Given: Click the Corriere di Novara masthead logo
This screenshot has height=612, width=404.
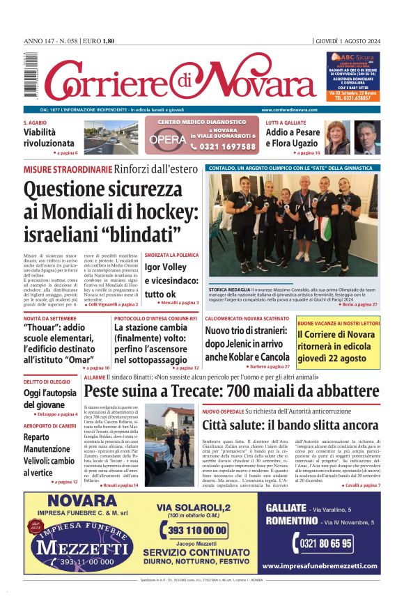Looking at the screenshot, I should [x=171, y=81].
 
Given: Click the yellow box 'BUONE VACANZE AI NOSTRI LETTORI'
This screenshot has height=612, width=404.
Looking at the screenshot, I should [x=339, y=324].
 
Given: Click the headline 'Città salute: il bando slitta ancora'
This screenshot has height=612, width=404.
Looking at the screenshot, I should [x=290, y=425].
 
